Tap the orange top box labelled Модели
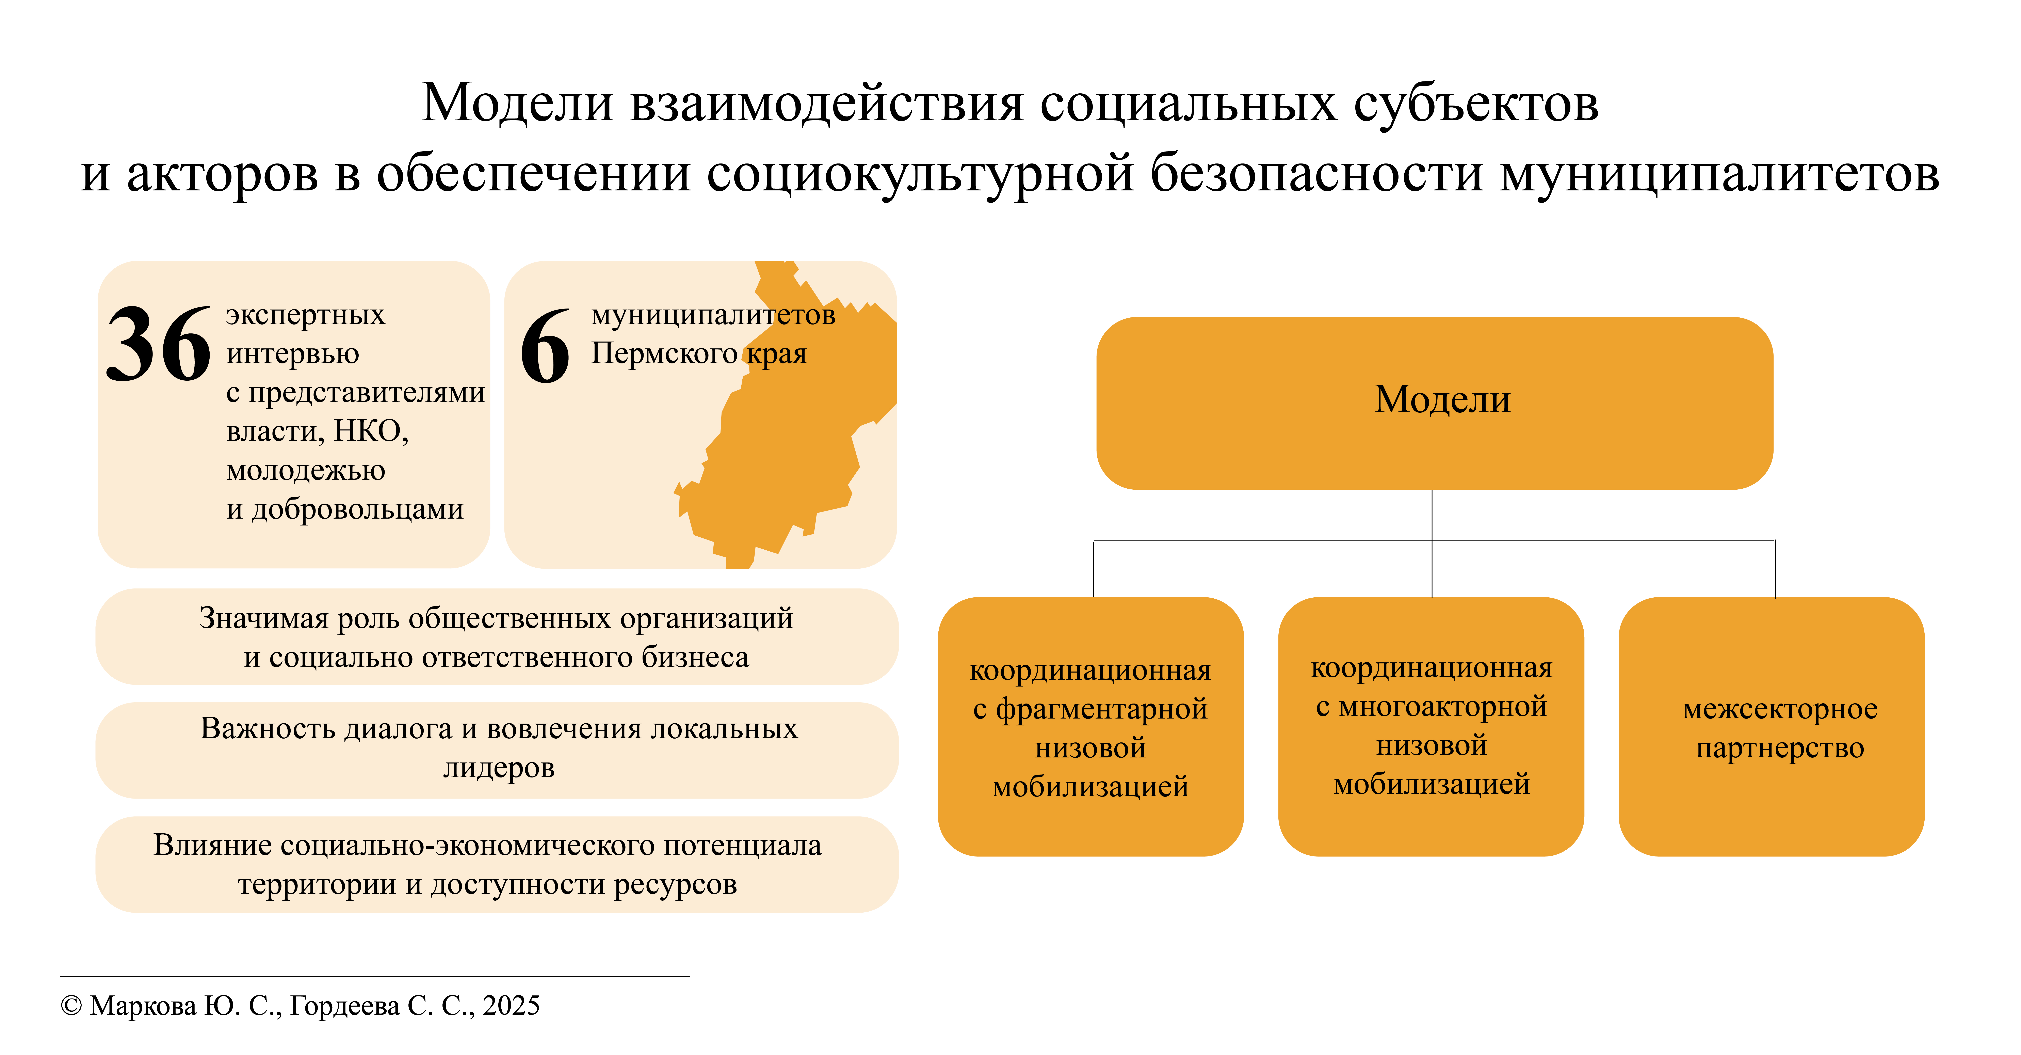point(1434,403)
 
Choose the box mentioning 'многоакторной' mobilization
point(1431,726)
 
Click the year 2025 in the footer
point(512,1006)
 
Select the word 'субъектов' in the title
point(1476,104)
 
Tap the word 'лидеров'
point(499,767)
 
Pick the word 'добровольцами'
point(357,509)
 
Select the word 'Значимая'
point(264,619)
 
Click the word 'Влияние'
point(212,845)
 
